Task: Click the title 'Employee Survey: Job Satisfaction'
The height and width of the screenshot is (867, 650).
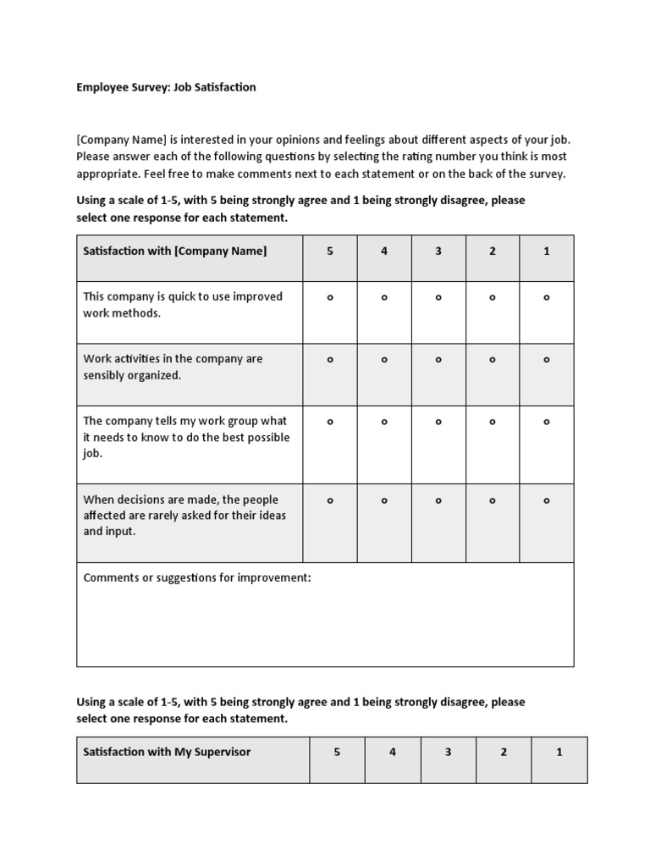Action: [x=166, y=87]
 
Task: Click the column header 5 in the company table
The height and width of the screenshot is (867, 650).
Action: [x=330, y=251]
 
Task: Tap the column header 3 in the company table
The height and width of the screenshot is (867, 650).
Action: [x=438, y=251]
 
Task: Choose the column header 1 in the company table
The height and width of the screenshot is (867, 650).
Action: [x=547, y=251]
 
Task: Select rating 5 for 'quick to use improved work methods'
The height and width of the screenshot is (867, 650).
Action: [x=330, y=297]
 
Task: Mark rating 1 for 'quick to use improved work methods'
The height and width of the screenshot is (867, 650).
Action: [x=547, y=297]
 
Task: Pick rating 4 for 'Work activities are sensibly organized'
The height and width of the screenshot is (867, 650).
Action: [x=384, y=359]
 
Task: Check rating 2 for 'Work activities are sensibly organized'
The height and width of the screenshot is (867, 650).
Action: [x=493, y=359]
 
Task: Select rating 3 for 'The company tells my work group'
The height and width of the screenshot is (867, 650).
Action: [x=438, y=421]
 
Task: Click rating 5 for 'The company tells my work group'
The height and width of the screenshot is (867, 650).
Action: [x=330, y=421]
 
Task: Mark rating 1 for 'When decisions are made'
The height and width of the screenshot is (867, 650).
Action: [x=547, y=500]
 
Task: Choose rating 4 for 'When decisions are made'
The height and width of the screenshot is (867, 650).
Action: [x=384, y=500]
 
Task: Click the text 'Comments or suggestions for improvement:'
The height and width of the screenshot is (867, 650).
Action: [x=197, y=578]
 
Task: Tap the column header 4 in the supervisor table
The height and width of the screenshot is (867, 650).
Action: [x=393, y=752]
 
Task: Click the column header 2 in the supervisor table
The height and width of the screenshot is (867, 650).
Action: [x=504, y=752]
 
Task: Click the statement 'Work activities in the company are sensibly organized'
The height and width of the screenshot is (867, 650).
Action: [x=173, y=367]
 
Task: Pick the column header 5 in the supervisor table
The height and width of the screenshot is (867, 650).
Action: [x=337, y=752]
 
